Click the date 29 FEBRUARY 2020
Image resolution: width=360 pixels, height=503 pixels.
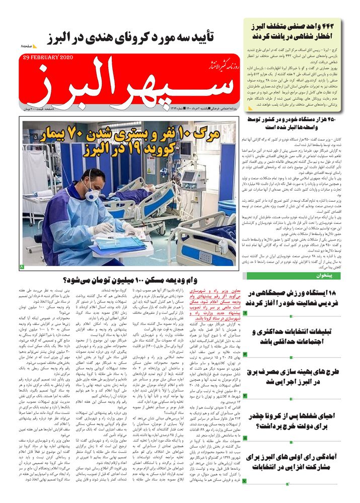point(48,58)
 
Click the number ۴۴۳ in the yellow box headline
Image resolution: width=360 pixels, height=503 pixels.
point(333,25)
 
